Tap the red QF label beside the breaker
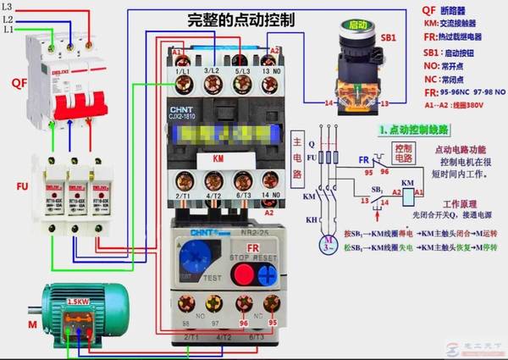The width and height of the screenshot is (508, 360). [18, 83]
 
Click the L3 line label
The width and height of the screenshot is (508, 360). [8, 7]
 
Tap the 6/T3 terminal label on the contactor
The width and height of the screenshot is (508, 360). [242, 195]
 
